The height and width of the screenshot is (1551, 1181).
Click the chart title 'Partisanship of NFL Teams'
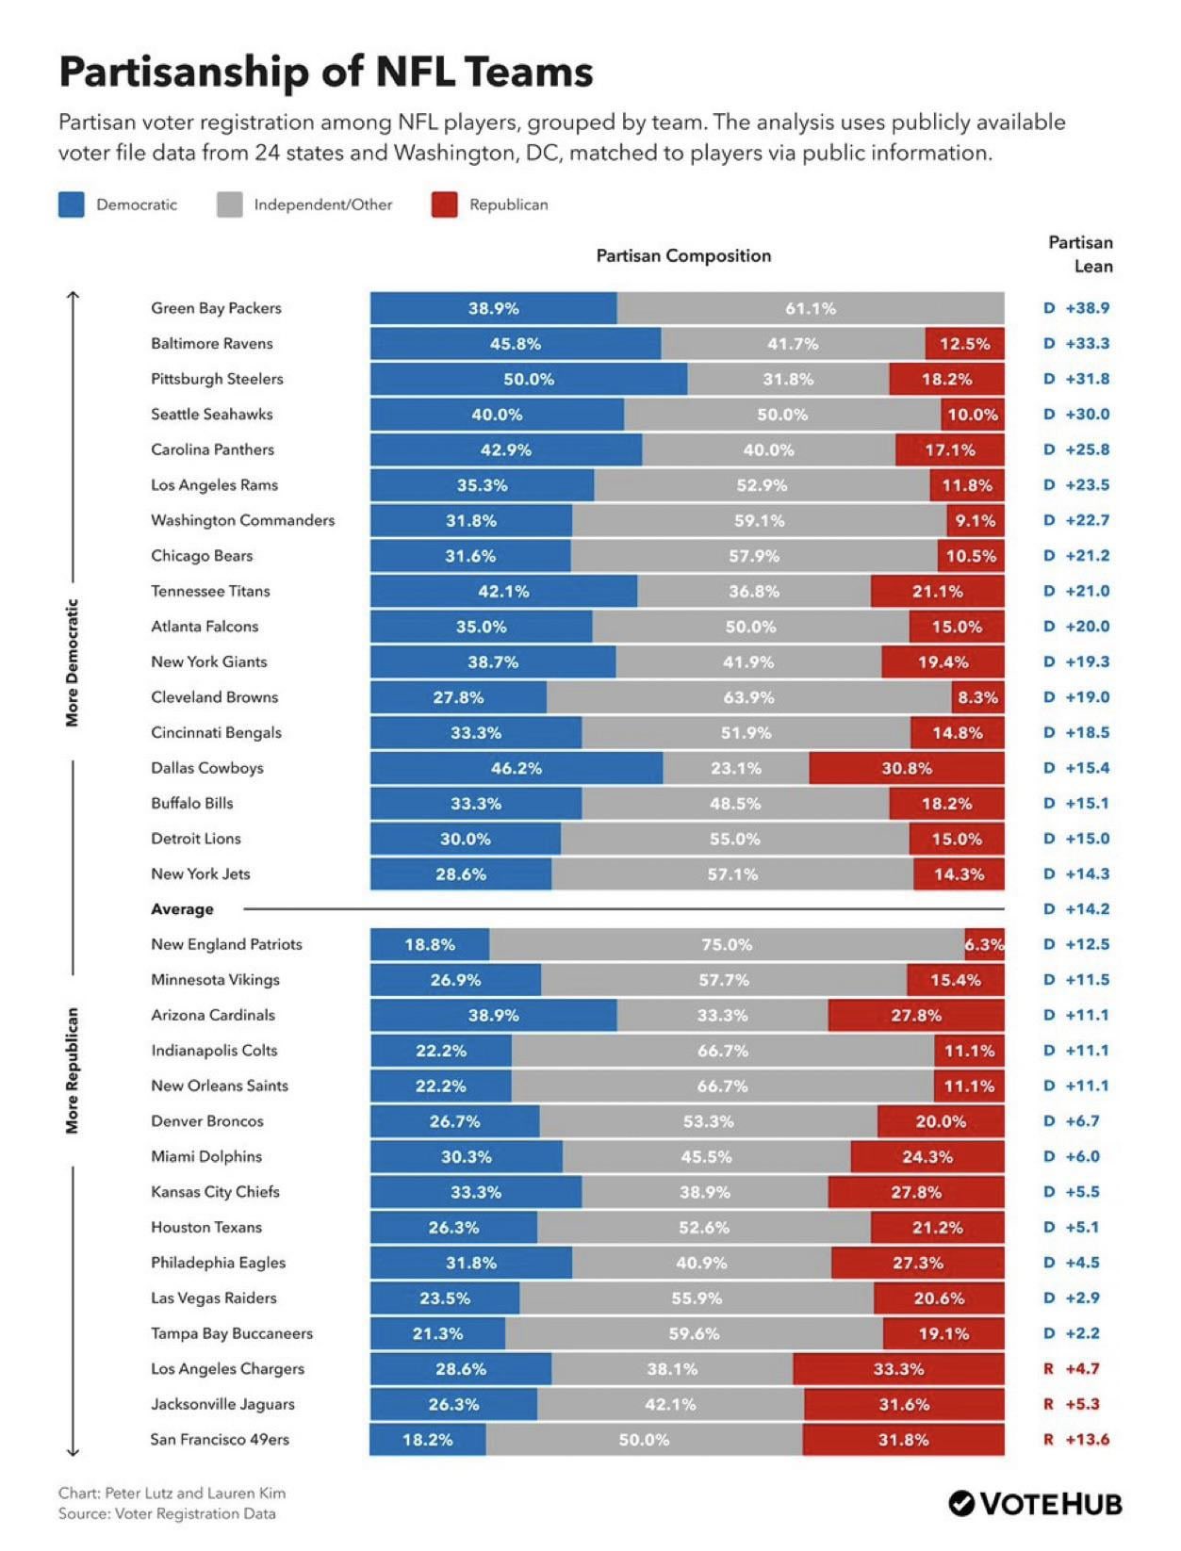326,72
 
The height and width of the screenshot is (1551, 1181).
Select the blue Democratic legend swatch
72,204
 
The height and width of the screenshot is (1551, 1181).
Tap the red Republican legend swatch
445,204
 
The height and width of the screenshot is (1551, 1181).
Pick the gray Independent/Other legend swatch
230,204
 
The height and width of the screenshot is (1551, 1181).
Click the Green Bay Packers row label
216,308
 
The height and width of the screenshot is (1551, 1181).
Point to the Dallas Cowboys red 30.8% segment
907,767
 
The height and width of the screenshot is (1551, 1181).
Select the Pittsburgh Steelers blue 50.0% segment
529,379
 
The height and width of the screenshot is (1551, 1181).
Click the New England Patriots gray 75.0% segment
728,944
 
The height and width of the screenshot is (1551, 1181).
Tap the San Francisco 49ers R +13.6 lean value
1076,1440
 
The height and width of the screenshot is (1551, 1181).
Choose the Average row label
182,908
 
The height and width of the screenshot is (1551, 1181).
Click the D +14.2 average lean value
1076,908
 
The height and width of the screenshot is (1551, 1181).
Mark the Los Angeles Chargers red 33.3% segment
898,1369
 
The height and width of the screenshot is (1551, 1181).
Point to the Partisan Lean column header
1081,254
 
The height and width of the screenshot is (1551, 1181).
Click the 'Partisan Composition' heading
683,255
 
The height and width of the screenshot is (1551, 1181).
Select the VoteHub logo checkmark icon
961,1504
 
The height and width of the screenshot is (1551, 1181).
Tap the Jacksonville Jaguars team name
222,1404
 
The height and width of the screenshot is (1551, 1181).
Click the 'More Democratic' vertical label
72,662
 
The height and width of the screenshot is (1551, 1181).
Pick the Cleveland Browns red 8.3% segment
978,696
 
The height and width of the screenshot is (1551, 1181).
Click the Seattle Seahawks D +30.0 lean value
1076,414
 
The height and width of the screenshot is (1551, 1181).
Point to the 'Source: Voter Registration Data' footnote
167,1513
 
